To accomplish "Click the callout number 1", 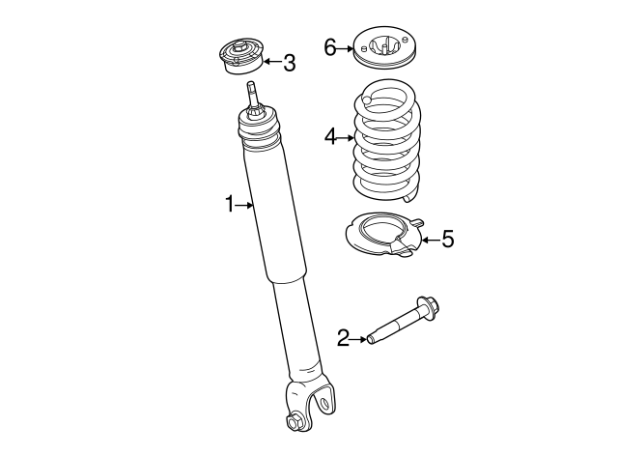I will pyautogui.click(x=230, y=204).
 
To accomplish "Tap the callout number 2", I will pyautogui.click(x=343, y=338).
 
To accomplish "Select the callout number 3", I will pyautogui.click(x=289, y=64).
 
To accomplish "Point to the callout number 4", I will pyautogui.click(x=330, y=138).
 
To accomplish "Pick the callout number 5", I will pyautogui.click(x=447, y=239).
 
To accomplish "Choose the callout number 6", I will pyautogui.click(x=330, y=47).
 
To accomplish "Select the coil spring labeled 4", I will pyautogui.click(x=386, y=140).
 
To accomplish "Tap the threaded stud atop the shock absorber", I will pyautogui.click(x=254, y=95).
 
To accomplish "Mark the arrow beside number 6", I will pyautogui.click(x=345, y=47).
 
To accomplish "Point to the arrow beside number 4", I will pyautogui.click(x=347, y=138).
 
